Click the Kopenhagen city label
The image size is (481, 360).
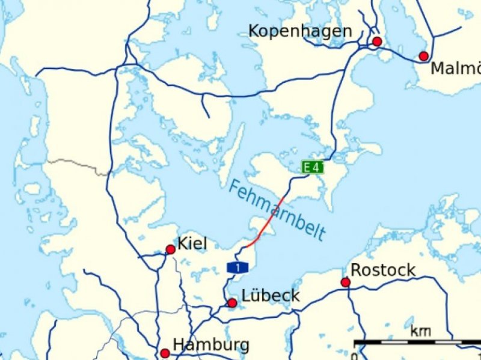click(300, 31)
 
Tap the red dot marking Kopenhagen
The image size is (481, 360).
click(377, 41)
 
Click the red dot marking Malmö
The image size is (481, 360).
click(423, 56)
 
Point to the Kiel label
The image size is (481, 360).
click(192, 243)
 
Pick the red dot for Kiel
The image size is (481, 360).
click(170, 249)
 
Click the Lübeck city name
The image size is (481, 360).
click(270, 296)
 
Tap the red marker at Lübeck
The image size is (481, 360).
click(232, 303)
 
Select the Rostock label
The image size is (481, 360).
click(382, 270)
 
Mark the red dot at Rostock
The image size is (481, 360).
click(345, 282)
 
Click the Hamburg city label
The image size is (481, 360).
click(210, 345)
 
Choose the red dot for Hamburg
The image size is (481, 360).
click(165, 353)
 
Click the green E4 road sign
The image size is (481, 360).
click(312, 168)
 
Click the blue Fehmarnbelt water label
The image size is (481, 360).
click(277, 210)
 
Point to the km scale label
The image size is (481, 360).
click(420, 331)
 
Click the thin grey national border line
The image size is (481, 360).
click(78, 163)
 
